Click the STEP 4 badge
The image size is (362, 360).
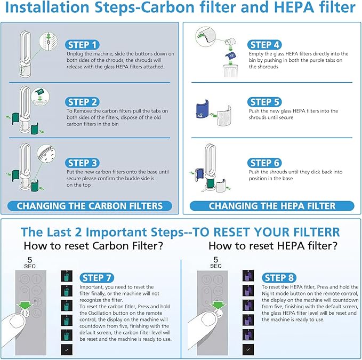click(x=269, y=45)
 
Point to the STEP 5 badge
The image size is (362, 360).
click(x=269, y=101)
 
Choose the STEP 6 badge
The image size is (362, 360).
click(x=269, y=162)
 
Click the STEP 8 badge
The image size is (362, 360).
click(x=283, y=277)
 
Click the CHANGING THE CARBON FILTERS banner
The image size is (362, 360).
click(x=89, y=206)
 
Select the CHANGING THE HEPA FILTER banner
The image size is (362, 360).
click(x=272, y=206)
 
